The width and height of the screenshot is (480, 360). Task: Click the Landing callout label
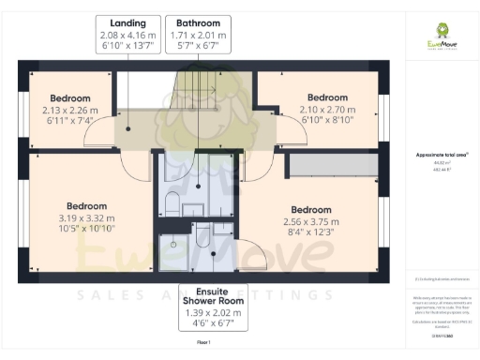[127, 22]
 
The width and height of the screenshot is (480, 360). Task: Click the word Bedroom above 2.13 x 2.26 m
[70, 98]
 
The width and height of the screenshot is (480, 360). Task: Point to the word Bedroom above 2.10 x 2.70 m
[328, 97]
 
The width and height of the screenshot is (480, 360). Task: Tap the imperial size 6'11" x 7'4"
[70, 121]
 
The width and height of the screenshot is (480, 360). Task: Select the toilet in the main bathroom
[173, 202]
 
